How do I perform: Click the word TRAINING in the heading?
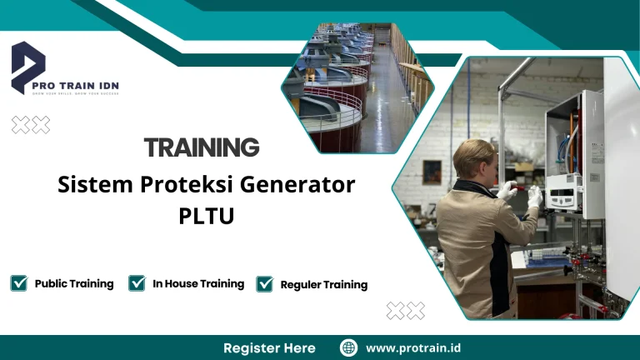[202, 148]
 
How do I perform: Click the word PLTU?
[207, 216]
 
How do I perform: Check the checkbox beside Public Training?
[19, 283]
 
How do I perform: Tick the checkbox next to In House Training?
[137, 283]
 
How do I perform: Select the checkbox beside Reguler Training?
[265, 284]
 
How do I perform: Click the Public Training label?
[74, 283]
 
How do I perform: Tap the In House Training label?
[198, 283]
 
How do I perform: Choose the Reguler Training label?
[324, 285]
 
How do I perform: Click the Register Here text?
[269, 347]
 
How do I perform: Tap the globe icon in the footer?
[349, 347]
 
